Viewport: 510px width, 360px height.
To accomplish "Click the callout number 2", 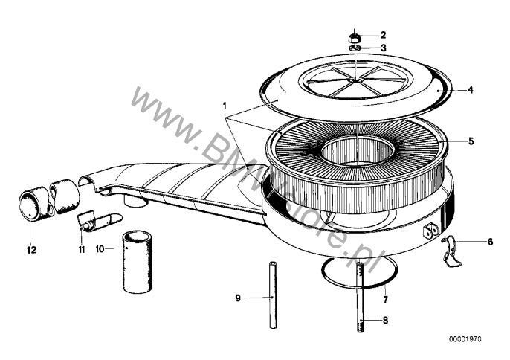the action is point(383,35).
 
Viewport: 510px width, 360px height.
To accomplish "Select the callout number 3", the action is point(384,48).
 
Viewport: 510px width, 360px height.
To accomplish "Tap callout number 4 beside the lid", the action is point(471,90).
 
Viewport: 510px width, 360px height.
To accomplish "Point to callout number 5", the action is point(471,141).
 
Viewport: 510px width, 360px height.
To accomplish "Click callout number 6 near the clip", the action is point(490,242).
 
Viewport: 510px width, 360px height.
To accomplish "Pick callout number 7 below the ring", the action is point(386,300).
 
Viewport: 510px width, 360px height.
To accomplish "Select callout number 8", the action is point(385,321).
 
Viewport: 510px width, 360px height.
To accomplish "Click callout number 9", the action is point(238,298).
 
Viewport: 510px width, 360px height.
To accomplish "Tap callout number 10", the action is point(100,249).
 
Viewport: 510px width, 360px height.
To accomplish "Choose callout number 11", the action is point(81,250).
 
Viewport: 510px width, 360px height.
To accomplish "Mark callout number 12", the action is point(31,250).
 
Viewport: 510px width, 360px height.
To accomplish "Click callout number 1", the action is point(225,105).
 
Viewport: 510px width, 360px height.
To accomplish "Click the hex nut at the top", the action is point(355,38).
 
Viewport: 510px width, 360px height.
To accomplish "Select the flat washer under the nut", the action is point(355,48).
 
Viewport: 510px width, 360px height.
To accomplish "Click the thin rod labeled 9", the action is point(273,295).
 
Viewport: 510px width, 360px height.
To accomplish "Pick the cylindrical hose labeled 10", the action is point(137,261).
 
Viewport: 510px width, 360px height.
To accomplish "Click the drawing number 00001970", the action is point(465,339).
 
